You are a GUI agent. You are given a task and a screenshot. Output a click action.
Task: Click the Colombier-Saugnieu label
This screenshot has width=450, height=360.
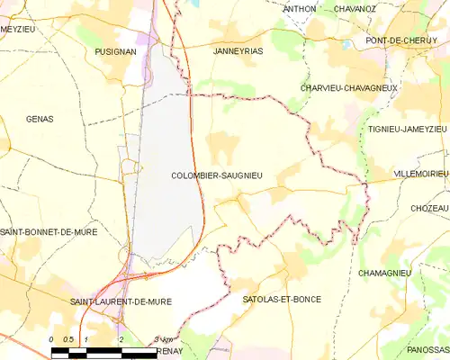point(216,176)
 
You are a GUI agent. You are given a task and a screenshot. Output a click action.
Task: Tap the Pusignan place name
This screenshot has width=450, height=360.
point(115,52)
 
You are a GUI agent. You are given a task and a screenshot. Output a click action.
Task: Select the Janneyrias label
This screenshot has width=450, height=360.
point(238,51)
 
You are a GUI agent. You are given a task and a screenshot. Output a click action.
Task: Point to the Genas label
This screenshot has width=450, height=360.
point(40,119)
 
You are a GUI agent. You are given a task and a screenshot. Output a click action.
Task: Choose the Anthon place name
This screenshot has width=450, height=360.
point(300,9)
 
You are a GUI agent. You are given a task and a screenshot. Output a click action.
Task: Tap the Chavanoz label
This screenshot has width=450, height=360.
point(355,9)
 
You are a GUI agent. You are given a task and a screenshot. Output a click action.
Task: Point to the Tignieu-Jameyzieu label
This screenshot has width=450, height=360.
point(407,129)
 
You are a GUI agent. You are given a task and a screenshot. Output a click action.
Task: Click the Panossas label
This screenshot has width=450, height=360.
point(427,348)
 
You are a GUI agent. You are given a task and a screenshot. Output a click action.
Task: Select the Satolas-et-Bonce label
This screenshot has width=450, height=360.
point(282,299)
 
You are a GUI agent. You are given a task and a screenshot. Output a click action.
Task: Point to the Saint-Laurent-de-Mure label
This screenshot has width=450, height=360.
point(121,301)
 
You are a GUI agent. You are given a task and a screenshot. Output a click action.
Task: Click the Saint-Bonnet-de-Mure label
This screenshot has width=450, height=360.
point(49,231)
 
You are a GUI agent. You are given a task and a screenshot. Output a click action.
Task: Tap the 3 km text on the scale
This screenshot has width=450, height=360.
point(162,338)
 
